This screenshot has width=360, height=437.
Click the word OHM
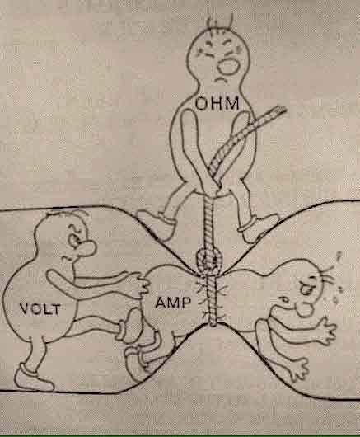pyautogui.click(x=217, y=103)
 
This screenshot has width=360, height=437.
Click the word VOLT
pyautogui.click(x=40, y=309)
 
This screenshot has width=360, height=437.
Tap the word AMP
pyautogui.click(x=173, y=303)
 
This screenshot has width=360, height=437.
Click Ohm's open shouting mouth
pyautogui.click(x=228, y=66)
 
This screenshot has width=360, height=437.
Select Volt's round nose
pyautogui.click(x=88, y=249)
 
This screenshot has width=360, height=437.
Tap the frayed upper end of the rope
pyautogui.click(x=278, y=110)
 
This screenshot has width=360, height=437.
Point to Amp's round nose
pyautogui.click(x=305, y=309)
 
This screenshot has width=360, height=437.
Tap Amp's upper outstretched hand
pyautogui.click(x=325, y=331)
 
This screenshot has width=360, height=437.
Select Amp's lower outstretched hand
pyautogui.click(x=298, y=369)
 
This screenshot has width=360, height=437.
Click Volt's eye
pyautogui.click(x=74, y=240)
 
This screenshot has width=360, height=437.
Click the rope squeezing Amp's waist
pyautogui.click(x=213, y=301)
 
